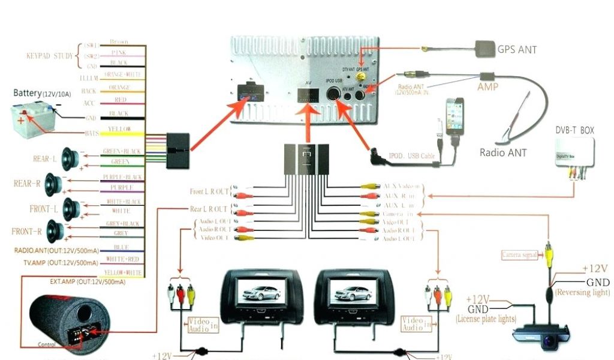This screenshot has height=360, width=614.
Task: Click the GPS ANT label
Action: [x=517, y=49]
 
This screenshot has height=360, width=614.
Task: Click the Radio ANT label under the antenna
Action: [x=503, y=152]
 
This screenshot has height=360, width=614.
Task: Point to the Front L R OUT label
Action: [x=209, y=191]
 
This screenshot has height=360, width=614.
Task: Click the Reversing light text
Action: [x=583, y=292]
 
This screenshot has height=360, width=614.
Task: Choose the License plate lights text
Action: [x=485, y=319]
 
